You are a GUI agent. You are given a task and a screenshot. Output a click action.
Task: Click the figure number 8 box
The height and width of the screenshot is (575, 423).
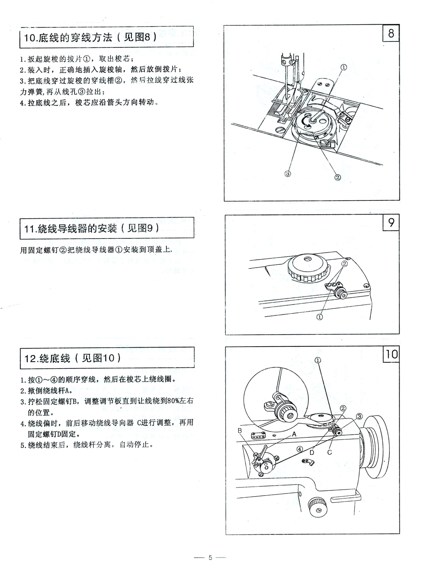(x=391, y=33)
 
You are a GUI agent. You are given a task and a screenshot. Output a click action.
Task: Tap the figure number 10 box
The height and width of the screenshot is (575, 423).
(x=391, y=354)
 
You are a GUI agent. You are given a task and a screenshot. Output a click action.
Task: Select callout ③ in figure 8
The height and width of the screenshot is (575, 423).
(x=288, y=174)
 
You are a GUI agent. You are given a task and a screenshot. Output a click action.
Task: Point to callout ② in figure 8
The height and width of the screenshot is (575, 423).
(x=338, y=177)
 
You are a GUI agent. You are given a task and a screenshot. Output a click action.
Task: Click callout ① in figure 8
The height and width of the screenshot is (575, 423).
(x=344, y=67)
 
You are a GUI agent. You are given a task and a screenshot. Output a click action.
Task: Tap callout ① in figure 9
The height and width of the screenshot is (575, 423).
(x=320, y=317)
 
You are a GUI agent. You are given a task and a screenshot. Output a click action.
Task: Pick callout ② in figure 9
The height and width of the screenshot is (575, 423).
(x=345, y=263)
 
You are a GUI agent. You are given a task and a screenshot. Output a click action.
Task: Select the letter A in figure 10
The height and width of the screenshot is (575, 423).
(x=294, y=434)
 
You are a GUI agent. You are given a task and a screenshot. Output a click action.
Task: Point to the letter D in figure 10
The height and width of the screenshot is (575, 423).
(x=312, y=452)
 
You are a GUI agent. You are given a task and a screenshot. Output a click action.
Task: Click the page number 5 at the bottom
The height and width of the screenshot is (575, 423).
(x=210, y=558)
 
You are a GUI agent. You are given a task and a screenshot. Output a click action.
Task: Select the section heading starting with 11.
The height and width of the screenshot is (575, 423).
(x=91, y=228)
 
